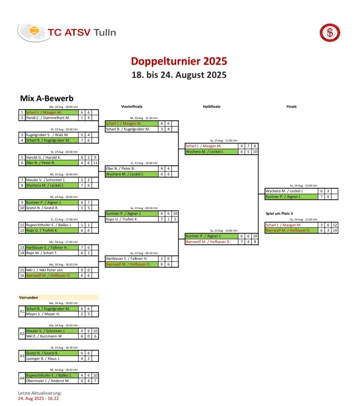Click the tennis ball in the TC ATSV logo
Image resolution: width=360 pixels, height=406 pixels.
point(34,31)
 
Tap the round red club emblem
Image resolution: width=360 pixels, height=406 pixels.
point(330,33)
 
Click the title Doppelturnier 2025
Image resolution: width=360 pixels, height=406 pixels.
point(179,61)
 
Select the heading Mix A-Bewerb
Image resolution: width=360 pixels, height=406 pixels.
point(47,98)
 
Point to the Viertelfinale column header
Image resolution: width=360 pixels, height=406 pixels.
point(131,106)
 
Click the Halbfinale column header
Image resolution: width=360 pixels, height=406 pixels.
point(211,106)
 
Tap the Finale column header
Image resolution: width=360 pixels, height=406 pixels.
point(291,106)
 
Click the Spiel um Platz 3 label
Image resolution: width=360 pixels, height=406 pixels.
point(279,213)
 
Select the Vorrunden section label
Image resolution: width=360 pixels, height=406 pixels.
point(29,297)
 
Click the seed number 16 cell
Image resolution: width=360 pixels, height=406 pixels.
point(22,276)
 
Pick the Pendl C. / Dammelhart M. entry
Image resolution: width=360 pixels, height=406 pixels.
point(48,118)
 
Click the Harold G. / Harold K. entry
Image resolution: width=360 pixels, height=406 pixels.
point(44,157)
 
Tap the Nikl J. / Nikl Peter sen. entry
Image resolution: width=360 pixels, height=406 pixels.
point(45,270)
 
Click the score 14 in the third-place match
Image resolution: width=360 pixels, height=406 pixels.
point(335,230)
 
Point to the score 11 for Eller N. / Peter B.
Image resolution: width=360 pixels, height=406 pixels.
point(95,163)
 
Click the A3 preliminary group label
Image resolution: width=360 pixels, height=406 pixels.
point(22,356)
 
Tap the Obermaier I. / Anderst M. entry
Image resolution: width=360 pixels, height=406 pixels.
point(48,381)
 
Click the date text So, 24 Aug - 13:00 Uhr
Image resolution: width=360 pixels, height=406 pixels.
point(304,186)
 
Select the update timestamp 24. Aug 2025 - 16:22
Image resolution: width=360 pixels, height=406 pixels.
point(38,398)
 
